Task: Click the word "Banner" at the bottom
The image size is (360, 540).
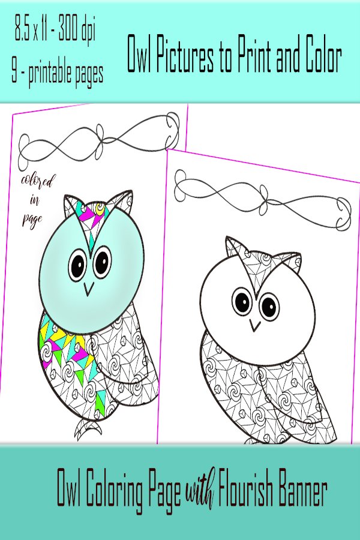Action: [303, 490]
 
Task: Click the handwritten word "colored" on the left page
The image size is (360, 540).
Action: [38, 181]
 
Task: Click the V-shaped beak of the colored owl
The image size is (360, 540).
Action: [89, 289]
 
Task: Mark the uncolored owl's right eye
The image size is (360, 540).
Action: [269, 306]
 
